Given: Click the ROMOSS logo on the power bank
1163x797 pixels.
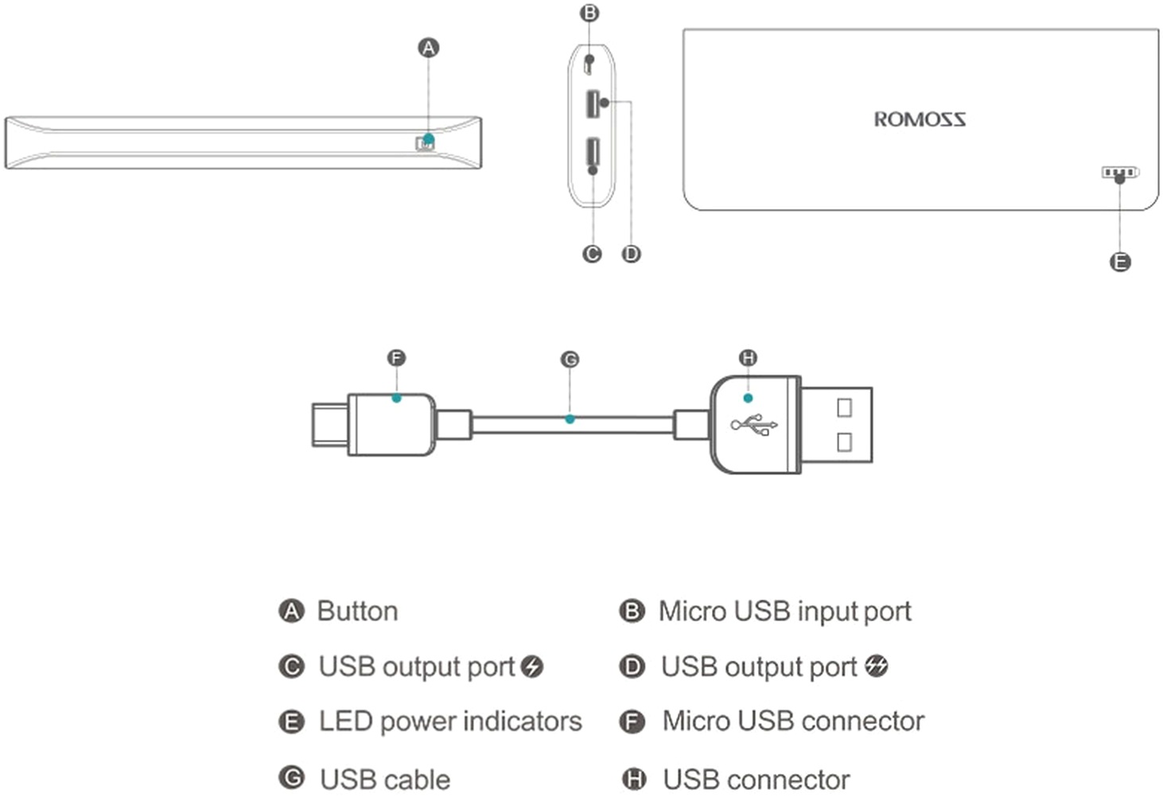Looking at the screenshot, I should pos(920,119).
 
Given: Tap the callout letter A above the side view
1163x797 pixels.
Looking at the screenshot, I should pos(428,48).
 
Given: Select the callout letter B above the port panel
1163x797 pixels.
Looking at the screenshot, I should pos(589,13).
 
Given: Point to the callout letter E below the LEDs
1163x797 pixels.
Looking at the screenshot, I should pos(1119,262).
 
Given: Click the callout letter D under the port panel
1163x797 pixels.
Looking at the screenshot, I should pos(631,254).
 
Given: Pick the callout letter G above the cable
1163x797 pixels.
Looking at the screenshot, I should pos(570,360).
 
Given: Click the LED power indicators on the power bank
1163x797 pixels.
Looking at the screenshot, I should pos(1119,172).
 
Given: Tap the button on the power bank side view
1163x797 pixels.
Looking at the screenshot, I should pos(425,142).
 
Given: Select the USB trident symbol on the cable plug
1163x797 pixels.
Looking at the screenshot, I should pos(753,425).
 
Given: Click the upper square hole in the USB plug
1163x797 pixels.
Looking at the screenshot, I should pos(844,407).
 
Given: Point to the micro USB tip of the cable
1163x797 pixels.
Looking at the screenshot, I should pos(329,425).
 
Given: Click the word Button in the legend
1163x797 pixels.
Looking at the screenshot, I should pos(357,611).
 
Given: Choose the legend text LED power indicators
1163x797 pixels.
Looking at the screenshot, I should pos(450,721).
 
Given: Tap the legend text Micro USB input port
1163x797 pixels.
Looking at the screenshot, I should pos(784,611).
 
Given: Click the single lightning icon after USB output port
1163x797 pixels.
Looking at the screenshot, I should pos(532,667).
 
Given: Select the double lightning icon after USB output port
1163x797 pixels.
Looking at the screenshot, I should pos(877,666).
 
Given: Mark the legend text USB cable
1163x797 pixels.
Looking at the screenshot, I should pos(385,780).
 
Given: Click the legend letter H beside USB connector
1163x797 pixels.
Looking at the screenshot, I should pos(633,780).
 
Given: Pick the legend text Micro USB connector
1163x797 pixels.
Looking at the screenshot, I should pos(793,721).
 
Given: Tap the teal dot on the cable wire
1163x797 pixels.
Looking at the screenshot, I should pos(570,418).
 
